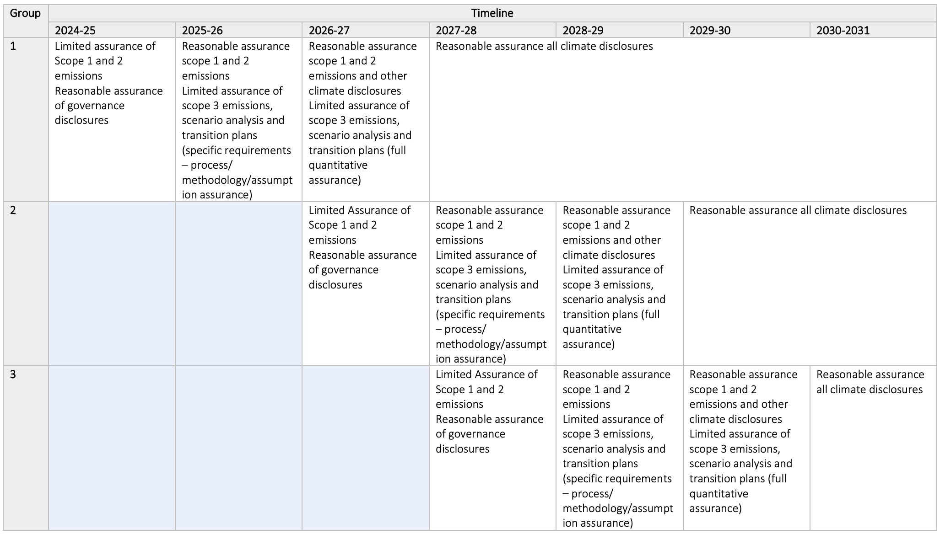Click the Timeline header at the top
click(x=492, y=13)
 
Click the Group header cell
click(x=25, y=13)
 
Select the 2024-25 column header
click(x=75, y=30)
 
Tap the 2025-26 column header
click(x=202, y=30)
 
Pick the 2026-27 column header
click(x=329, y=30)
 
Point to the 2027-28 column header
click(x=456, y=30)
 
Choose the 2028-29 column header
click(x=583, y=30)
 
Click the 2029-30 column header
click(x=710, y=30)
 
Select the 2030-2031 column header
click(x=843, y=30)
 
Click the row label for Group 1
click(x=13, y=46)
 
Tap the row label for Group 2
click(x=13, y=210)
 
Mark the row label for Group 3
click(x=13, y=374)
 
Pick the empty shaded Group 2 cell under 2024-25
click(x=112, y=283)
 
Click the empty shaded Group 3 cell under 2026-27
click(x=365, y=448)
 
